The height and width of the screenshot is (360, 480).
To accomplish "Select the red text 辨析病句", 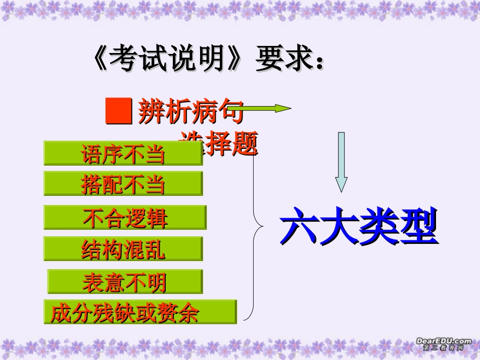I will (x=189, y=112).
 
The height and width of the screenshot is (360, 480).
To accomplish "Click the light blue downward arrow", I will (x=342, y=162).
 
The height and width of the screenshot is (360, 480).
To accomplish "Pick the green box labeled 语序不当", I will (x=123, y=153).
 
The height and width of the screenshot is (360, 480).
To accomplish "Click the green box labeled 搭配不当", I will (x=123, y=184).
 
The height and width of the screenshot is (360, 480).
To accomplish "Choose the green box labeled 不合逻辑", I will (x=125, y=218).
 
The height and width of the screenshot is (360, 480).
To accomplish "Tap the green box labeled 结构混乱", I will (x=123, y=248).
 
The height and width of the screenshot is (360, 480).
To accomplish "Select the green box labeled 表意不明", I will (x=125, y=282).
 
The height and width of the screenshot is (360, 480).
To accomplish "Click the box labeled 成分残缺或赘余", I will (x=140, y=312).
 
